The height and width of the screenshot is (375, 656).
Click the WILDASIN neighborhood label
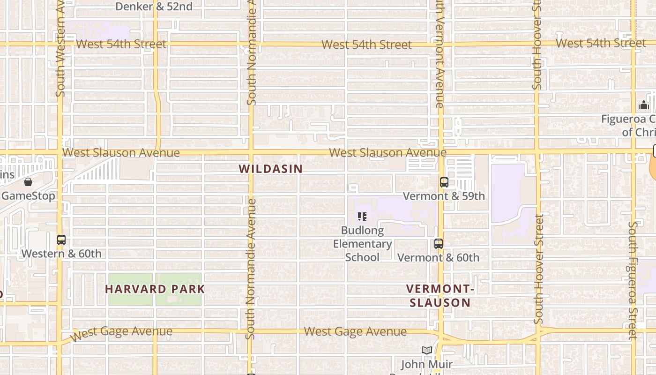click(x=270, y=169)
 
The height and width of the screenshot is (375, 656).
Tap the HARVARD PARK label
click(x=155, y=289)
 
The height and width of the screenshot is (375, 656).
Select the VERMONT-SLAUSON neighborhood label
click(x=440, y=296)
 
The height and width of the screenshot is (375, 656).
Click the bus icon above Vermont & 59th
click(x=444, y=182)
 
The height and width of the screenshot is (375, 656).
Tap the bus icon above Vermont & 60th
click(x=438, y=244)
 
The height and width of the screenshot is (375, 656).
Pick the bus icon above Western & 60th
click(x=61, y=240)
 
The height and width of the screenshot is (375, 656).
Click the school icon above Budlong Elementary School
click(x=362, y=217)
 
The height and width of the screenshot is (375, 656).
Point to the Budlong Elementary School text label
click(x=362, y=244)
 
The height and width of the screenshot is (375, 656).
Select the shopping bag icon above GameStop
click(x=28, y=182)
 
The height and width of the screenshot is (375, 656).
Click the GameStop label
click(x=28, y=196)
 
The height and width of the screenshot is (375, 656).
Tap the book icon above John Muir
click(x=426, y=350)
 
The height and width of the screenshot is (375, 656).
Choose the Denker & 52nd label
click(x=154, y=7)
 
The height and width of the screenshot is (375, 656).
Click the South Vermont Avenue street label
click(x=440, y=54)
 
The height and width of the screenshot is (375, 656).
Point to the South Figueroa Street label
click(x=633, y=280)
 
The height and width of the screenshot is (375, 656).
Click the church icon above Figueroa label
click(x=644, y=105)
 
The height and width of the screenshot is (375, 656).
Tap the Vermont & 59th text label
click(x=444, y=196)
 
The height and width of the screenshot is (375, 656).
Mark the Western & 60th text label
click(x=61, y=254)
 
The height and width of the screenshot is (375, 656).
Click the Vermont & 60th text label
click(x=438, y=257)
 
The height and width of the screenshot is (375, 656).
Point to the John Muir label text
click(x=426, y=364)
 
